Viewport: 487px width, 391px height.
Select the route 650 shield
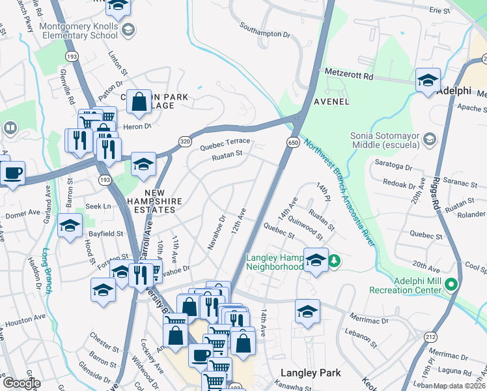pyautogui.click(x=292, y=142)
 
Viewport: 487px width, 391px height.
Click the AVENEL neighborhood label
pyautogui.click(x=331, y=102)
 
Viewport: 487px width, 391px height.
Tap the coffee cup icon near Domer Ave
pyautogui.click(x=12, y=173)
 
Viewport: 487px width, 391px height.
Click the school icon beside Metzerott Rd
pyautogui.click(x=428, y=80)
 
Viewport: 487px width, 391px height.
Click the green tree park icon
pyautogui.click(x=335, y=261)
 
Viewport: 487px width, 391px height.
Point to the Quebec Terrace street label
pyautogui.click(x=225, y=141)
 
